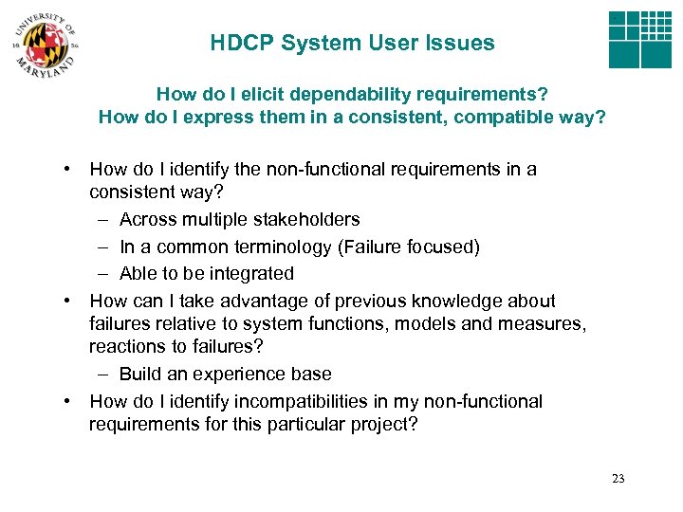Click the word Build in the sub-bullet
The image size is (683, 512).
[x=139, y=374]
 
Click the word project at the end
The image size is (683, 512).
[x=378, y=424]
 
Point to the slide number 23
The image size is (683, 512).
[x=618, y=479]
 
